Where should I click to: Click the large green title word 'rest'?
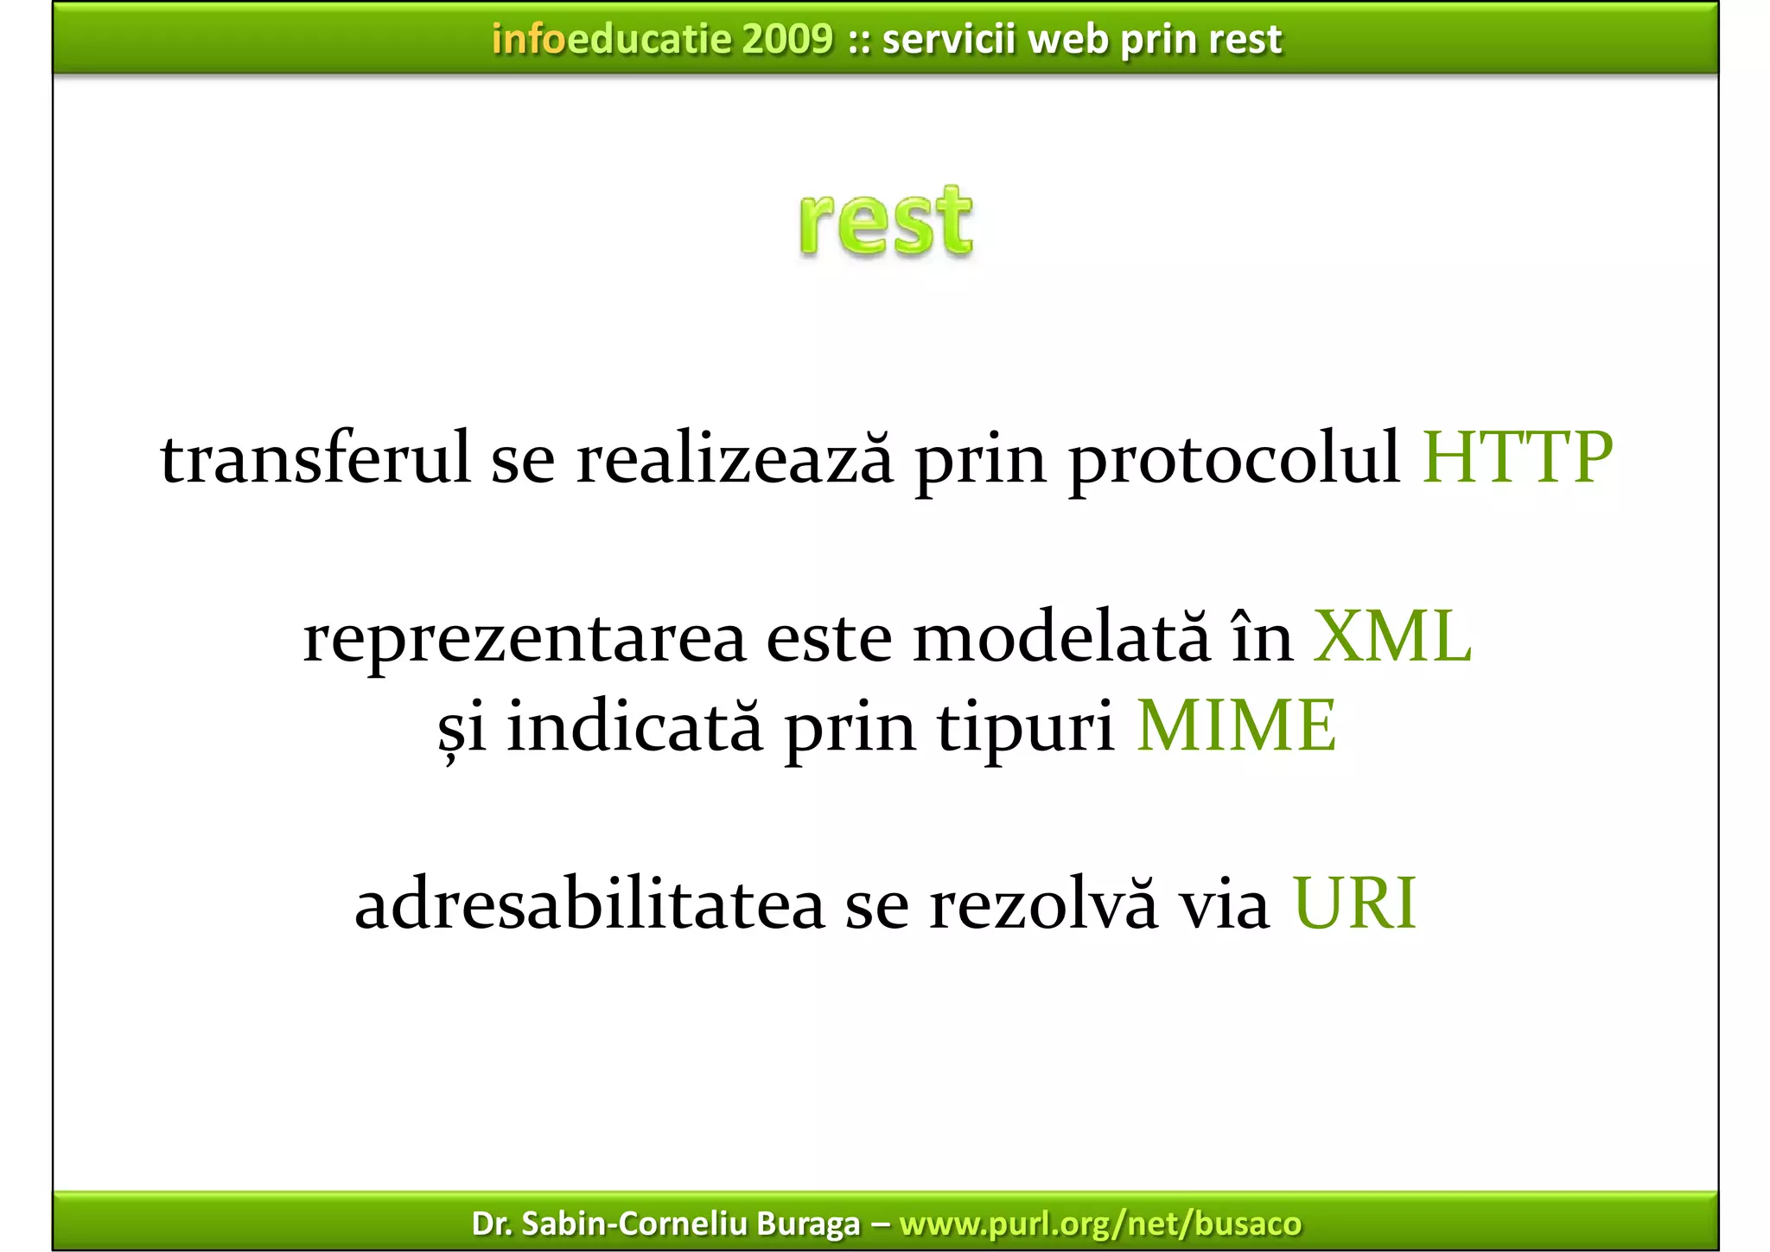click(886, 222)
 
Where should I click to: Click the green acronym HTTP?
click(1517, 457)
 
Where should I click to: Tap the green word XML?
click(1391, 637)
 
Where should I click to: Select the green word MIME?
click(1236, 725)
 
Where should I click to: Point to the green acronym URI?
click(1354, 904)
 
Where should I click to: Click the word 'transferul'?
click(315, 457)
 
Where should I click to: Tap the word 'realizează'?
click(735, 457)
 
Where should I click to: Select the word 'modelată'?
click(1061, 637)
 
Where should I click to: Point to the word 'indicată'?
click(634, 725)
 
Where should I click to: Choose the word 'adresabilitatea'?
click(589, 904)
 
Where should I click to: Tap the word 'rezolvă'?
click(1042, 904)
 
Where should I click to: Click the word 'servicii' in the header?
click(948, 39)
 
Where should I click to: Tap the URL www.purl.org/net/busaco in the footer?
click(1100, 1223)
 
